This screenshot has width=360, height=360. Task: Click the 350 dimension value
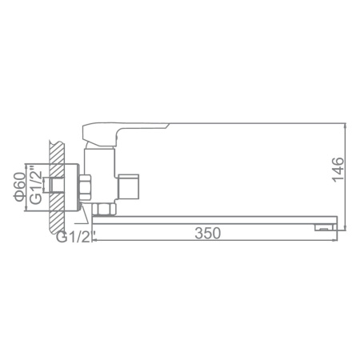coord(207,234)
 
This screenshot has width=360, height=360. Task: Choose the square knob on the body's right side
coord(130,189)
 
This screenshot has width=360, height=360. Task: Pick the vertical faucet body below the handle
coord(101,172)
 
